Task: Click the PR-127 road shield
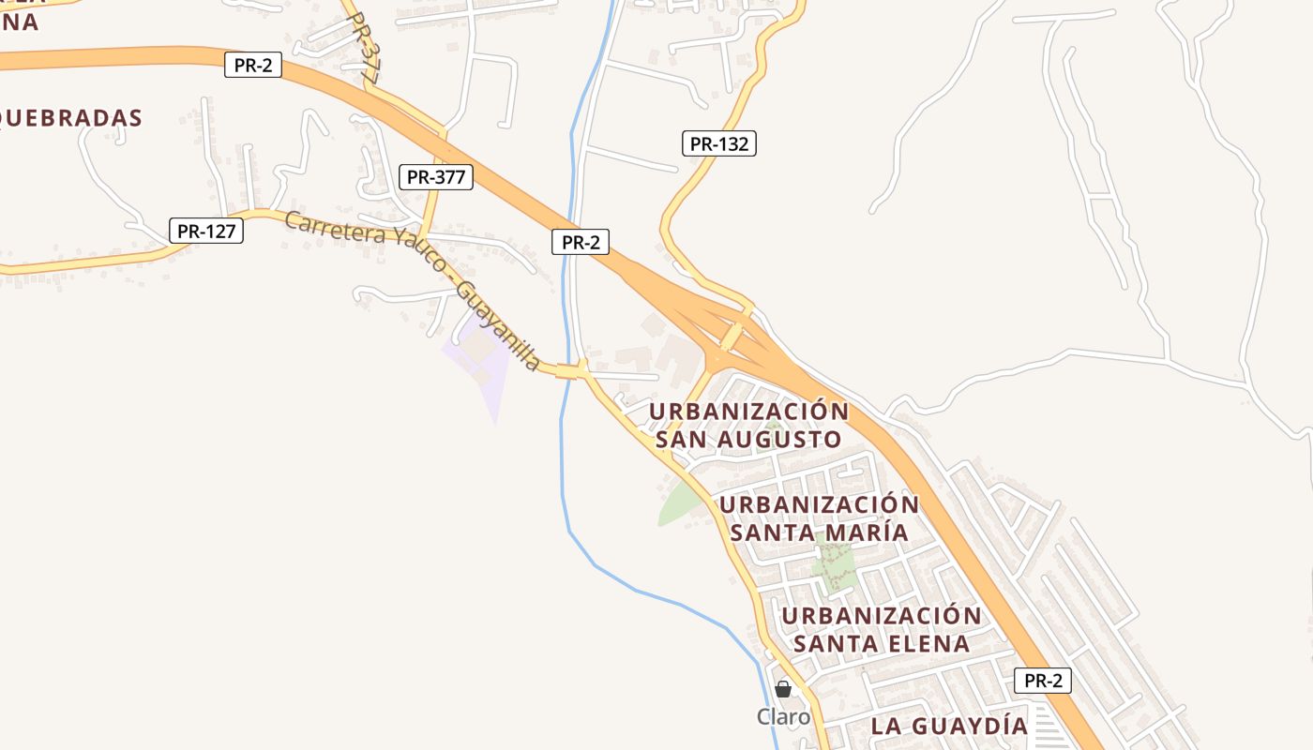click(206, 231)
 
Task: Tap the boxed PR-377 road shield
click(436, 177)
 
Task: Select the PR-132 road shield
click(718, 143)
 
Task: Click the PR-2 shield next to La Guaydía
click(1042, 681)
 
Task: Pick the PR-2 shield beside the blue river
click(581, 242)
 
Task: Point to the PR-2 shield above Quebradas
click(252, 66)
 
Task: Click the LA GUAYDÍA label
click(949, 726)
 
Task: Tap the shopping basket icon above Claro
click(783, 690)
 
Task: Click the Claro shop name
click(783, 717)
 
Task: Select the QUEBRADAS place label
click(71, 118)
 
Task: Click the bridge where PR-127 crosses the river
click(568, 371)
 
